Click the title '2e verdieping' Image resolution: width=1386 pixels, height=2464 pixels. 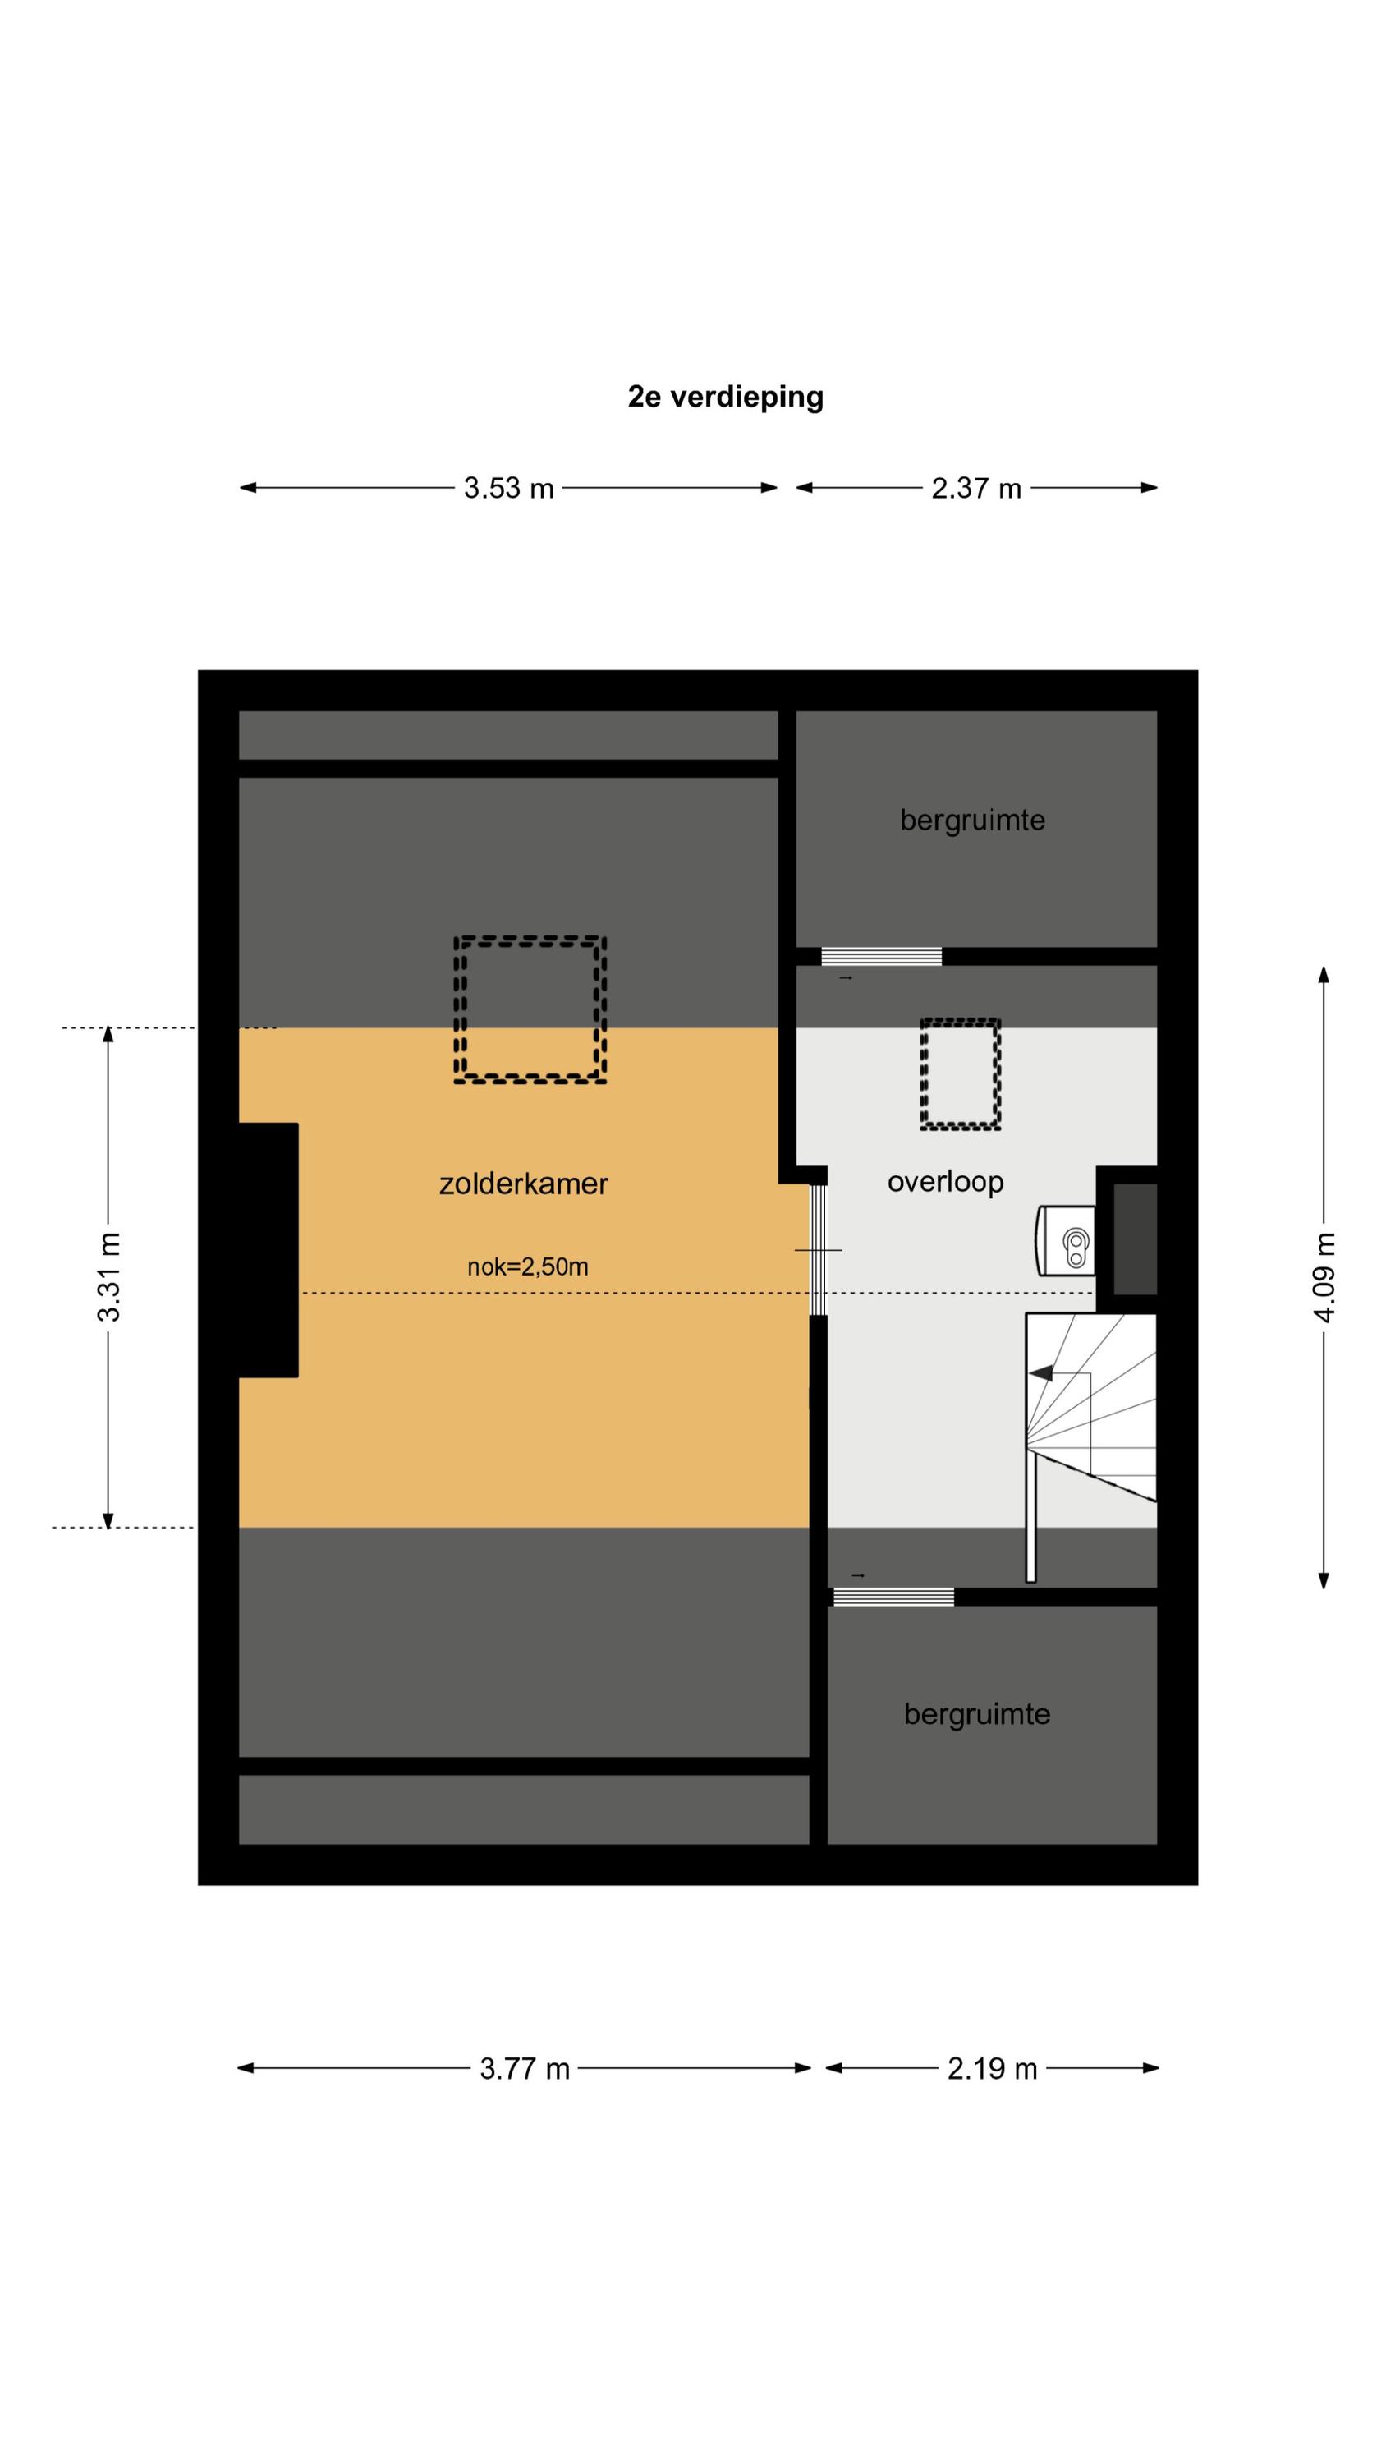click(x=725, y=397)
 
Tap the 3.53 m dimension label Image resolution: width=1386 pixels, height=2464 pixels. click(x=509, y=489)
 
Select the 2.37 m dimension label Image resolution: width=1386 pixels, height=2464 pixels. click(x=976, y=489)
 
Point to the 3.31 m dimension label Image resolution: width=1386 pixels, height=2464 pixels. click(x=109, y=1277)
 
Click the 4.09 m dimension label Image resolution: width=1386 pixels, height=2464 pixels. click(x=1324, y=1277)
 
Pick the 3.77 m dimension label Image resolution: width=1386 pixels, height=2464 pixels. click(x=524, y=2069)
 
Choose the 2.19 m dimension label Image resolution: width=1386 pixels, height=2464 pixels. click(x=992, y=2069)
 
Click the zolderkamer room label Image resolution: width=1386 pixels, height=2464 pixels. click(x=523, y=1184)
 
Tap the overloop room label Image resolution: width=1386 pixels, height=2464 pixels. click(x=945, y=1182)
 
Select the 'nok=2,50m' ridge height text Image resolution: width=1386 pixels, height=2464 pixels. click(x=527, y=1267)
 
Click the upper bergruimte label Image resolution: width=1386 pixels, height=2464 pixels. click(x=972, y=821)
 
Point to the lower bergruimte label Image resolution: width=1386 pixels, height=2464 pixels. click(x=976, y=1714)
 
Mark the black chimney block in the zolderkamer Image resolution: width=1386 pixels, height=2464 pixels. click(x=268, y=1250)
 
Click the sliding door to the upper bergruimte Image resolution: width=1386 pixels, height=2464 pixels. click(x=881, y=957)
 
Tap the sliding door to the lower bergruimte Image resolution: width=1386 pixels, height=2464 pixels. click(x=893, y=1597)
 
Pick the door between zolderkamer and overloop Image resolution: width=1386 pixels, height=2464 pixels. click(x=818, y=1250)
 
